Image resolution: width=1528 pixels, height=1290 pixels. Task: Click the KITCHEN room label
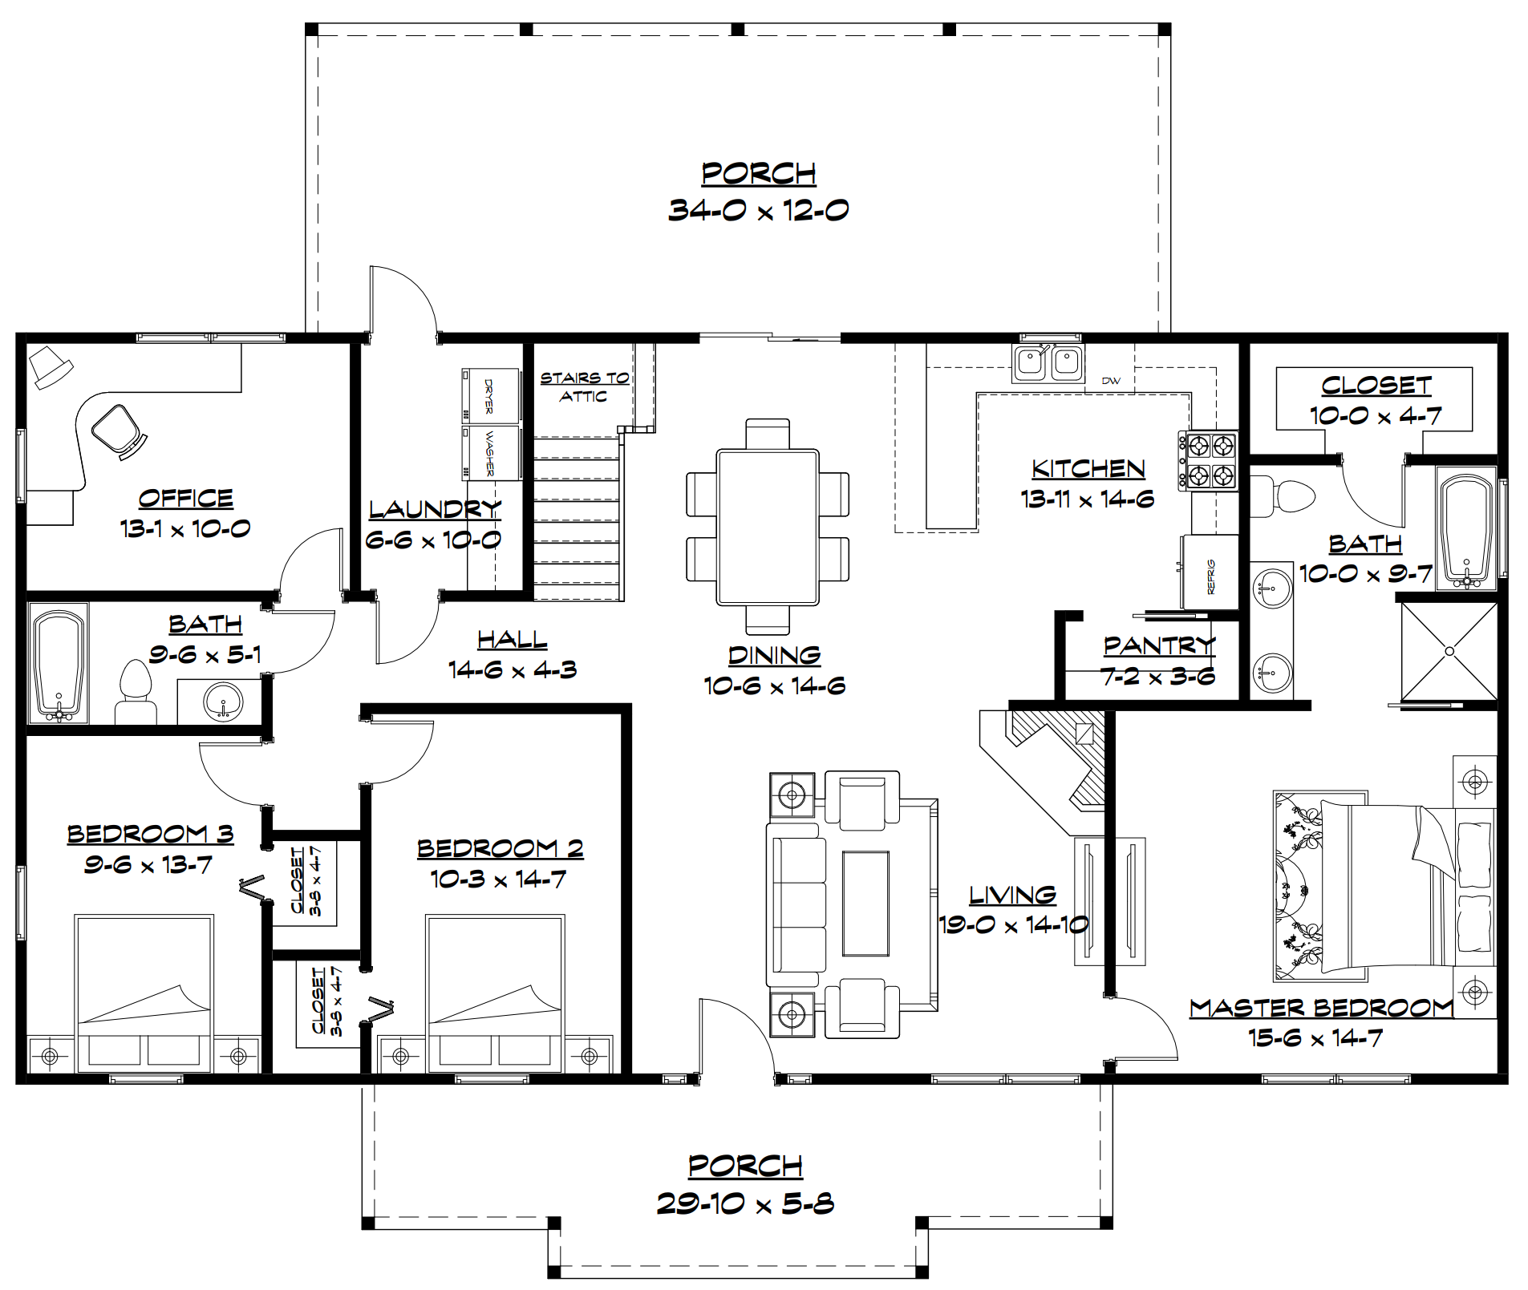(x=1088, y=468)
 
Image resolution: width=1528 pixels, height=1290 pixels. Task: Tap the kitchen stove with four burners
(x=1207, y=460)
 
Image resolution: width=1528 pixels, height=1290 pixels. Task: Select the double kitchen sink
(x=1048, y=363)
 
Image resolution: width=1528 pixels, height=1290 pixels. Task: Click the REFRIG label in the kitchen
(x=1210, y=576)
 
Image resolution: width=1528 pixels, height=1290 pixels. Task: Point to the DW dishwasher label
(x=1111, y=381)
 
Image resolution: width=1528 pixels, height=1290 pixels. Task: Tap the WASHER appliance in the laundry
(x=490, y=452)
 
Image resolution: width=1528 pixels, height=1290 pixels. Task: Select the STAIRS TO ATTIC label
(x=584, y=386)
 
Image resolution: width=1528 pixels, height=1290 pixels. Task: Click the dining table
(x=768, y=526)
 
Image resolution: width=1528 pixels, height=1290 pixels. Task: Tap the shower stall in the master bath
(x=1449, y=651)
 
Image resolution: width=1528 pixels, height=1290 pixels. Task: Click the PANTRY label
(x=1159, y=645)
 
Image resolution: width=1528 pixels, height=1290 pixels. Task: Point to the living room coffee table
(x=865, y=904)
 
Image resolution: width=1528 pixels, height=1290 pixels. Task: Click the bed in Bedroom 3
(x=144, y=993)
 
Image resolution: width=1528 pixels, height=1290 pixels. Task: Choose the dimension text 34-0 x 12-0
(x=758, y=210)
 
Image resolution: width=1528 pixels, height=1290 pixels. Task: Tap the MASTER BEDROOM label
(x=1321, y=1008)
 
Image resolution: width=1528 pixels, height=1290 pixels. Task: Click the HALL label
(x=512, y=639)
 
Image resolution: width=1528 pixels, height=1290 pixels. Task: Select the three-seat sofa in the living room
(x=796, y=904)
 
